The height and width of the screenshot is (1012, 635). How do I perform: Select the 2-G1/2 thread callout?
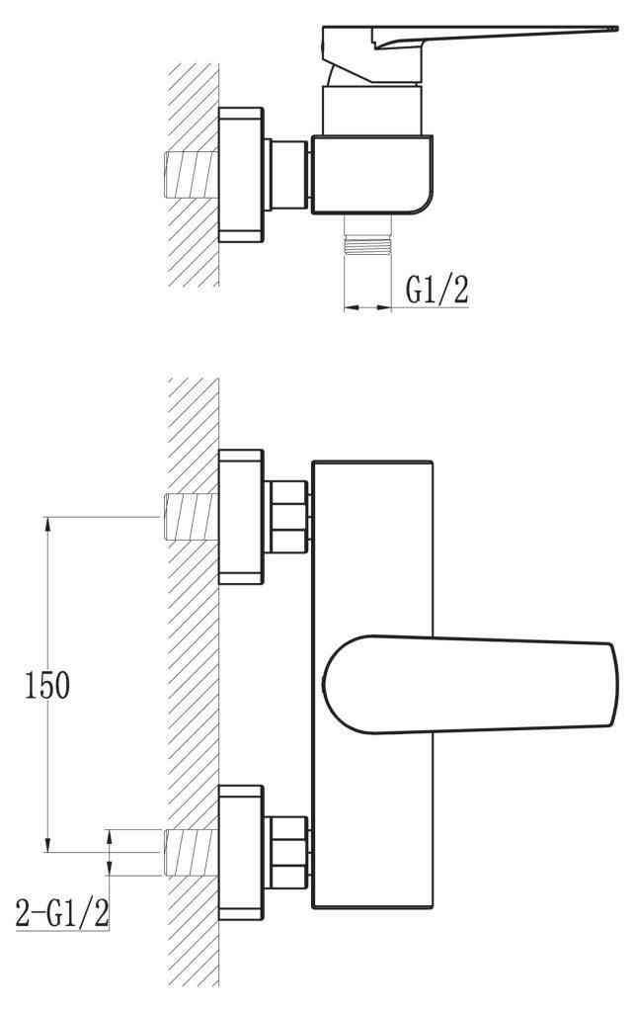coord(61,912)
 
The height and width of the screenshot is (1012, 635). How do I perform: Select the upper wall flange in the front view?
coord(241,517)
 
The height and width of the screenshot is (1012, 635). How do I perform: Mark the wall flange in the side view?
coord(241,174)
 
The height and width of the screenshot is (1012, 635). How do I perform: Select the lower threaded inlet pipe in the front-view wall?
coord(191,852)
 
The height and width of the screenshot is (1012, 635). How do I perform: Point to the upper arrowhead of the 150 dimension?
coord(47,525)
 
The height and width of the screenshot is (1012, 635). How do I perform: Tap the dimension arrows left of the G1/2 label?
coord(367,308)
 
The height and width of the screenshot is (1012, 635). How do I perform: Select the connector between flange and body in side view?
coord(288,174)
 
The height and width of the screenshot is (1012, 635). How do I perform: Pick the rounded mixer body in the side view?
coord(371,175)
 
